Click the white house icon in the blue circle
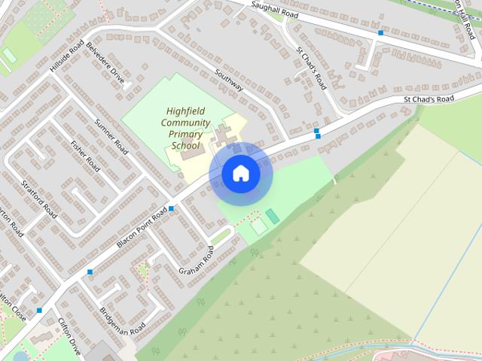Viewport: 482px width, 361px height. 240,174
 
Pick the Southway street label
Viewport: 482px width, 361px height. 229,81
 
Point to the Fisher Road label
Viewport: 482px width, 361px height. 84,154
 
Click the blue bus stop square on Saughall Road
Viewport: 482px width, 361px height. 381,33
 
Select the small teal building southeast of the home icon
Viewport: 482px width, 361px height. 272,217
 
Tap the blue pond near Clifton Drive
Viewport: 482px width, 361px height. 20,356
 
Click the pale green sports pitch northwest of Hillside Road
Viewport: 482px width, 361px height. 9,56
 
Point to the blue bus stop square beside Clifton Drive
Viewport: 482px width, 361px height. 39,310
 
